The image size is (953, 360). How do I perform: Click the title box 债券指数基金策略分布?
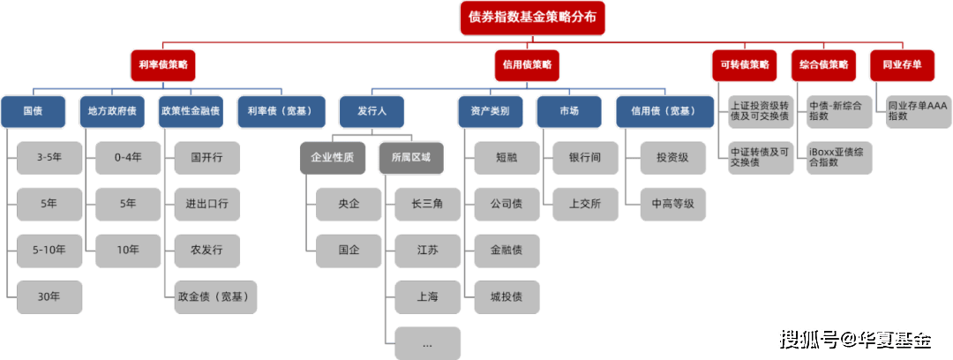point(533,18)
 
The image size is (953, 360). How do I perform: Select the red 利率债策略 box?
point(162,64)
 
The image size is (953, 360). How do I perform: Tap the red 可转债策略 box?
point(744,64)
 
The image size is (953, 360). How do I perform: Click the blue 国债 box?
point(34,112)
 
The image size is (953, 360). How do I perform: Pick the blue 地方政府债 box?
point(112,112)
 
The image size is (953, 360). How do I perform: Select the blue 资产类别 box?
point(490,112)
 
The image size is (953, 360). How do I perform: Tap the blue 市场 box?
point(569,112)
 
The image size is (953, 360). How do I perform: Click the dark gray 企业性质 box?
point(332,157)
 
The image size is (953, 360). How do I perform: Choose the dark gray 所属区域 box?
point(411,157)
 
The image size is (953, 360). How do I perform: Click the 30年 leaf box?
point(49,296)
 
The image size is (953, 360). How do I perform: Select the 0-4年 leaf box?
point(128,157)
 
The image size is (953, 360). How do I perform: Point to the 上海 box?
point(428,296)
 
